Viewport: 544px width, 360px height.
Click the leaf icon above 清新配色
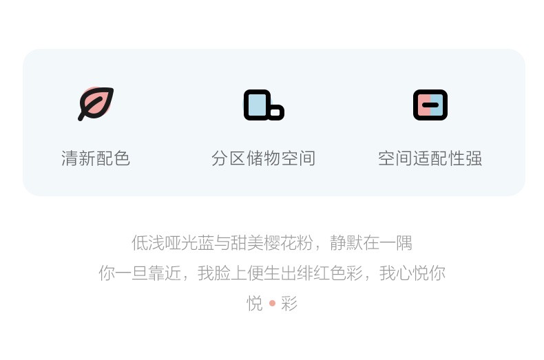[x=96, y=103]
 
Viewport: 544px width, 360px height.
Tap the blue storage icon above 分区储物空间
[x=264, y=105]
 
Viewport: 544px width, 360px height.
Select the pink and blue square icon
[x=430, y=105]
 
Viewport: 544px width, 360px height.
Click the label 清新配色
[x=96, y=158]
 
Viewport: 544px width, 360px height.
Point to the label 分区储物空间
[x=264, y=158]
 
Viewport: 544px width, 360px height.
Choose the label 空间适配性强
[x=430, y=158]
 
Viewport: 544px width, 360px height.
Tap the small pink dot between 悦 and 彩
[x=273, y=304]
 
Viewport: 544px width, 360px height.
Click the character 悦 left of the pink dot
[x=255, y=304]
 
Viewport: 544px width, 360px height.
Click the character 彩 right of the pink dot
[x=289, y=304]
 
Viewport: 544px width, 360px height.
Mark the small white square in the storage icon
[x=275, y=112]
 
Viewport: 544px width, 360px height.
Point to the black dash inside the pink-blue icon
[x=430, y=105]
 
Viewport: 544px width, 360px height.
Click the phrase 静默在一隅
[x=371, y=243]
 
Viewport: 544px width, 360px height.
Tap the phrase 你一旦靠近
[x=140, y=273]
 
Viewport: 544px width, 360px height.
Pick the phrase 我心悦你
[x=412, y=273]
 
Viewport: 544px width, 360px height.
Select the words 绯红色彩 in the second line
[x=330, y=273]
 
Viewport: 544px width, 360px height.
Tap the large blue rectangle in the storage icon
[x=257, y=105]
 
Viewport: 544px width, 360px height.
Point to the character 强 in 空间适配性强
[x=474, y=158]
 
